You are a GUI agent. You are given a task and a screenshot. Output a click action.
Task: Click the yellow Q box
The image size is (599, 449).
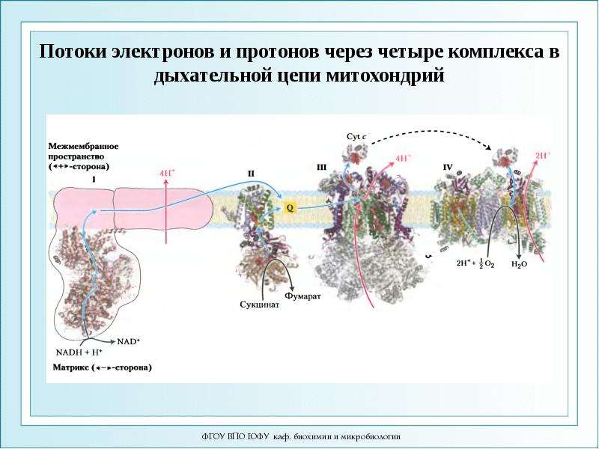click(x=290, y=208)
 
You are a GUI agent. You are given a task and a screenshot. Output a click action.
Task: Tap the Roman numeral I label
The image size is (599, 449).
click(x=94, y=178)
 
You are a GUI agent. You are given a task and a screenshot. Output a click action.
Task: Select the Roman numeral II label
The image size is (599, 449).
click(x=251, y=174)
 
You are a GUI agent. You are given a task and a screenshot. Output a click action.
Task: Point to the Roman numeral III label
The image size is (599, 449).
click(x=321, y=167)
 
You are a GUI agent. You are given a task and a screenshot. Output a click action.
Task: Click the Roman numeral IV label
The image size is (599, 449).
click(x=448, y=167)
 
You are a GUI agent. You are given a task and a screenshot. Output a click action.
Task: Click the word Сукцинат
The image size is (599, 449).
click(x=260, y=305)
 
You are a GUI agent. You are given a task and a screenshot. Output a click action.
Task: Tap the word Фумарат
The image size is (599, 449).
click(x=303, y=296)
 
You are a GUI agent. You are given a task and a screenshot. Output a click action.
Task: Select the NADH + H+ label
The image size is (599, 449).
click(x=79, y=352)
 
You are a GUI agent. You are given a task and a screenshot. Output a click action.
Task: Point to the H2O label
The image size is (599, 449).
click(x=519, y=264)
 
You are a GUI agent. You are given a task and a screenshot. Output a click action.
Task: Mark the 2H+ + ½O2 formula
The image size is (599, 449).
click(x=475, y=263)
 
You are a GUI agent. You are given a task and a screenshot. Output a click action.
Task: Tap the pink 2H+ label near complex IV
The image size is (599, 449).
click(x=543, y=156)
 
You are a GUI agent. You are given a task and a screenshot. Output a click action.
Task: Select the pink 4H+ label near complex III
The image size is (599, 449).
click(x=404, y=158)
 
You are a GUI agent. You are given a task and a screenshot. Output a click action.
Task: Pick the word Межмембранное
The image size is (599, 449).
click(x=83, y=146)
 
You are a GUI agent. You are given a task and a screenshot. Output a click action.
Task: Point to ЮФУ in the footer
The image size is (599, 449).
click(x=259, y=436)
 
